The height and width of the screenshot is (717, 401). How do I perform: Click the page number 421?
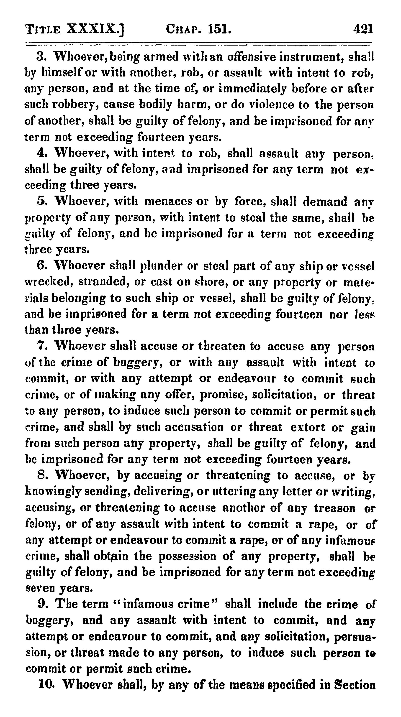[x=362, y=29]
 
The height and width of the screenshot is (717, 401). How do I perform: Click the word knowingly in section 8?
[x=52, y=492]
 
